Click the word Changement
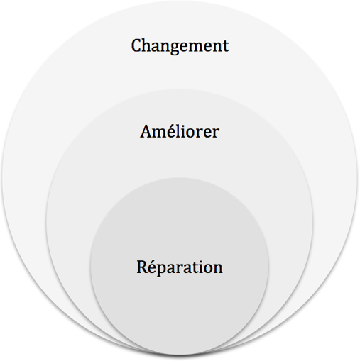click(x=180, y=46)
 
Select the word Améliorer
click(x=180, y=131)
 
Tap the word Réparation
click(x=180, y=267)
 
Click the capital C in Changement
click(x=136, y=45)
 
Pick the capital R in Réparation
click(x=143, y=267)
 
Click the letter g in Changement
click(x=174, y=49)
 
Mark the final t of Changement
click(x=226, y=46)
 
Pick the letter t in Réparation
click(x=195, y=267)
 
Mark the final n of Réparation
click(x=217, y=269)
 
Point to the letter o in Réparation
click(x=207, y=269)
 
